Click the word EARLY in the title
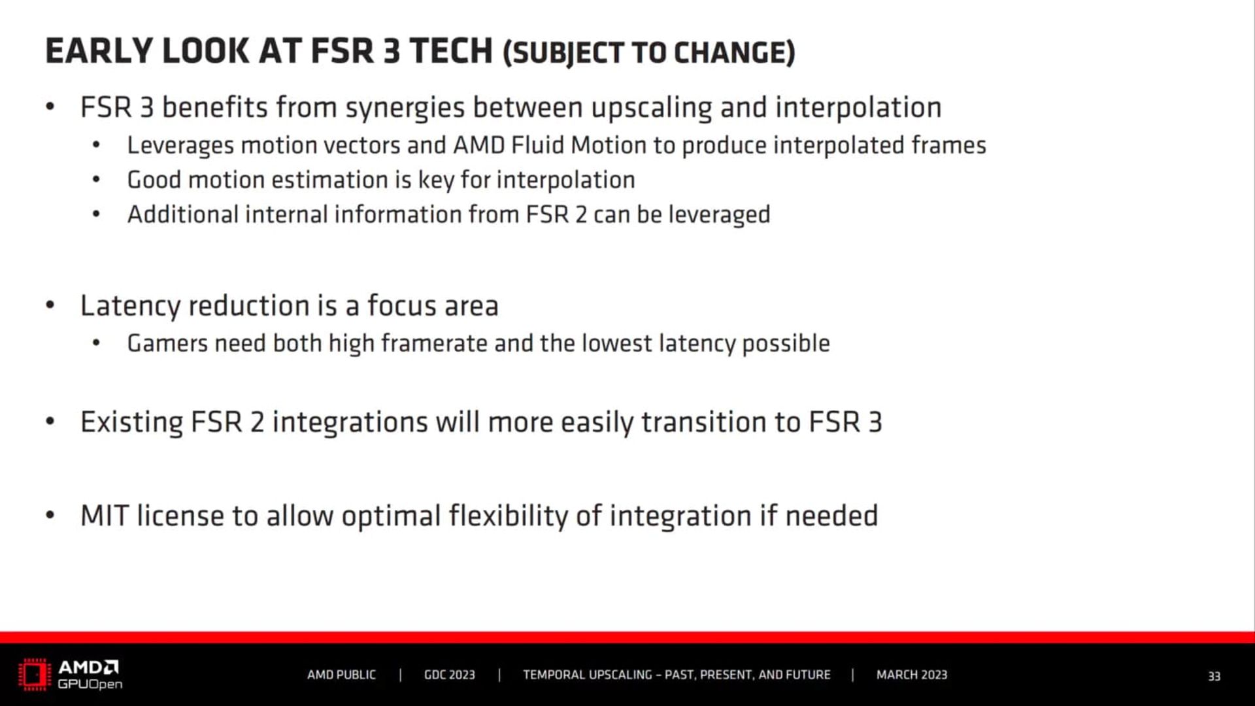click(99, 51)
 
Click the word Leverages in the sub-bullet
click(180, 146)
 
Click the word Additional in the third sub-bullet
click(182, 214)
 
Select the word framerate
click(433, 343)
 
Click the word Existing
click(131, 422)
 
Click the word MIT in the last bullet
click(104, 516)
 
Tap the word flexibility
click(508, 516)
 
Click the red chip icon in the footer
click(34, 675)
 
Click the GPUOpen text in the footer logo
click(90, 684)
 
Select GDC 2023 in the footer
click(449, 675)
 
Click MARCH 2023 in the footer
click(911, 675)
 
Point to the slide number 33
click(1214, 676)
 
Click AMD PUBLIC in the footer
click(341, 675)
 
